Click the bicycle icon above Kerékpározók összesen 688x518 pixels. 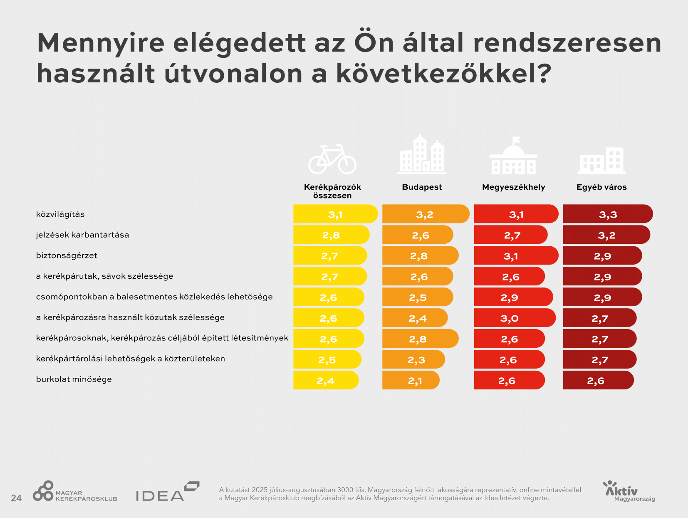pyautogui.click(x=332, y=159)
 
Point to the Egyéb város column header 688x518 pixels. pyautogui.click(x=601, y=187)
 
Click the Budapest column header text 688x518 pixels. pyautogui.click(x=422, y=187)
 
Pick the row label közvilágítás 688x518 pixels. pyautogui.click(x=60, y=214)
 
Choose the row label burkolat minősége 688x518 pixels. pyautogui.click(x=74, y=379)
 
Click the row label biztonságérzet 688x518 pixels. pyautogui.click(x=67, y=255)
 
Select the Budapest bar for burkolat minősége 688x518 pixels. pyautogui.click(x=411, y=380)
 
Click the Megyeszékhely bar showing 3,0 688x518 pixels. pyautogui.click(x=514, y=318)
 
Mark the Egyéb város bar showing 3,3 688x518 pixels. pyautogui.click(x=607, y=214)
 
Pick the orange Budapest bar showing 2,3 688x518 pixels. pyautogui.click(x=413, y=359)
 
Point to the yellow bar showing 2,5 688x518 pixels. pyautogui.click(x=327, y=359)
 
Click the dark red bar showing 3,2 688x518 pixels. pyautogui.click(x=606, y=235)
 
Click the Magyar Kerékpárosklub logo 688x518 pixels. pyautogui.click(x=75, y=491)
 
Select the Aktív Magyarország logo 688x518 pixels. pyautogui.click(x=629, y=491)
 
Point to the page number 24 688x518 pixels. pyautogui.click(x=16, y=498)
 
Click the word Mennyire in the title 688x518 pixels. pyautogui.click(x=101, y=43)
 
